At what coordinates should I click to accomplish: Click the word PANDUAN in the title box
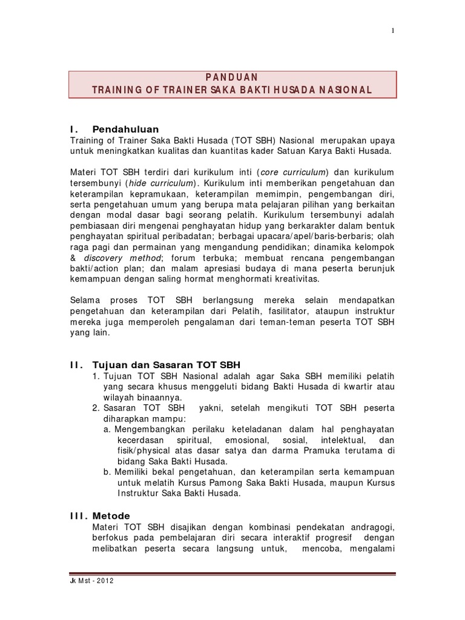[232, 77]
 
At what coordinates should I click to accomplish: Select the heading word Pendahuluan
[125, 129]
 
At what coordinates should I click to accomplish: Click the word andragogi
[372, 527]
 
